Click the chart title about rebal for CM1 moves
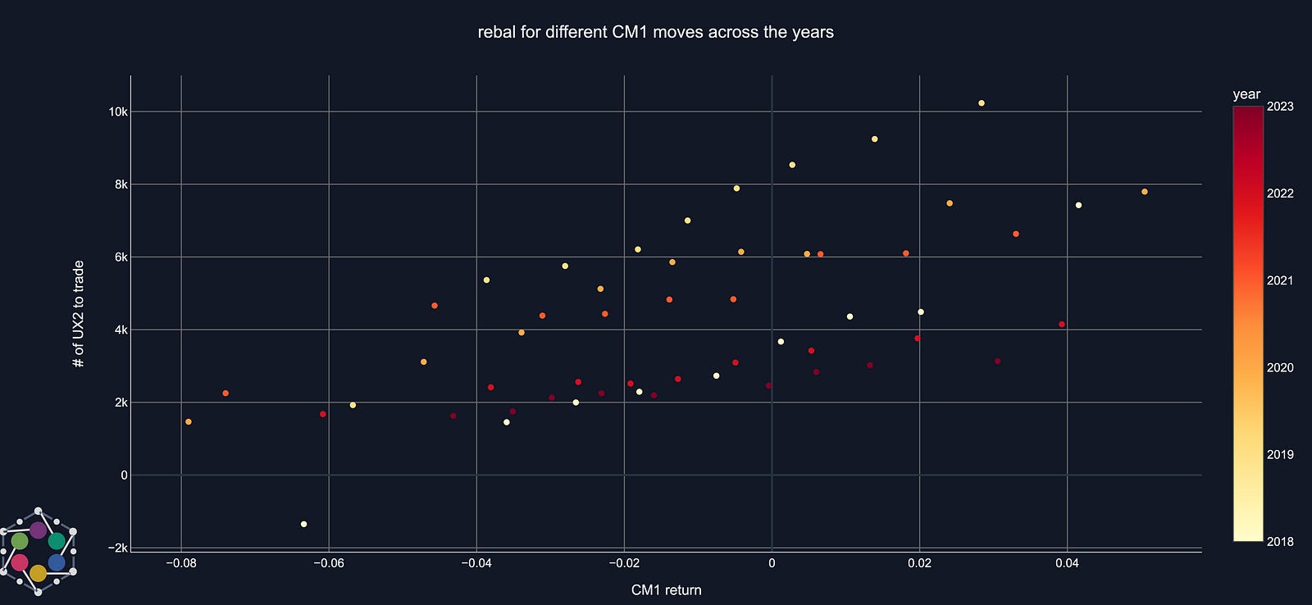pyautogui.click(x=655, y=32)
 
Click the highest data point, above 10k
pyautogui.click(x=982, y=103)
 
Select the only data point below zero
pyautogui.click(x=303, y=524)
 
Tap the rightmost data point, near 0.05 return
pyautogui.click(x=1145, y=192)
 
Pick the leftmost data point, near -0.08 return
pyautogui.click(x=189, y=422)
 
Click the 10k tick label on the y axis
pyautogui.click(x=118, y=111)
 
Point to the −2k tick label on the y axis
pyautogui.click(x=116, y=548)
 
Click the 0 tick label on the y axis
pyautogui.click(x=124, y=475)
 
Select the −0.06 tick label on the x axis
pyautogui.click(x=328, y=563)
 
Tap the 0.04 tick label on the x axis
pyautogui.click(x=1067, y=563)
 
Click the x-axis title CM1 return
pyautogui.click(x=666, y=590)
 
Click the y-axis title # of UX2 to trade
pyautogui.click(x=79, y=313)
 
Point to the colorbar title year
pyautogui.click(x=1246, y=94)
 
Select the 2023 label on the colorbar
pyautogui.click(x=1280, y=107)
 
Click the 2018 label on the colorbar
pyautogui.click(x=1280, y=541)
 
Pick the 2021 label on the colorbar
pyautogui.click(x=1280, y=280)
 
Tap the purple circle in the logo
pyautogui.click(x=38, y=530)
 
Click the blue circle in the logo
pyautogui.click(x=57, y=562)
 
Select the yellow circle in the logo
pyautogui.click(x=38, y=573)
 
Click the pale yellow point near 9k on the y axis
pyautogui.click(x=875, y=139)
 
